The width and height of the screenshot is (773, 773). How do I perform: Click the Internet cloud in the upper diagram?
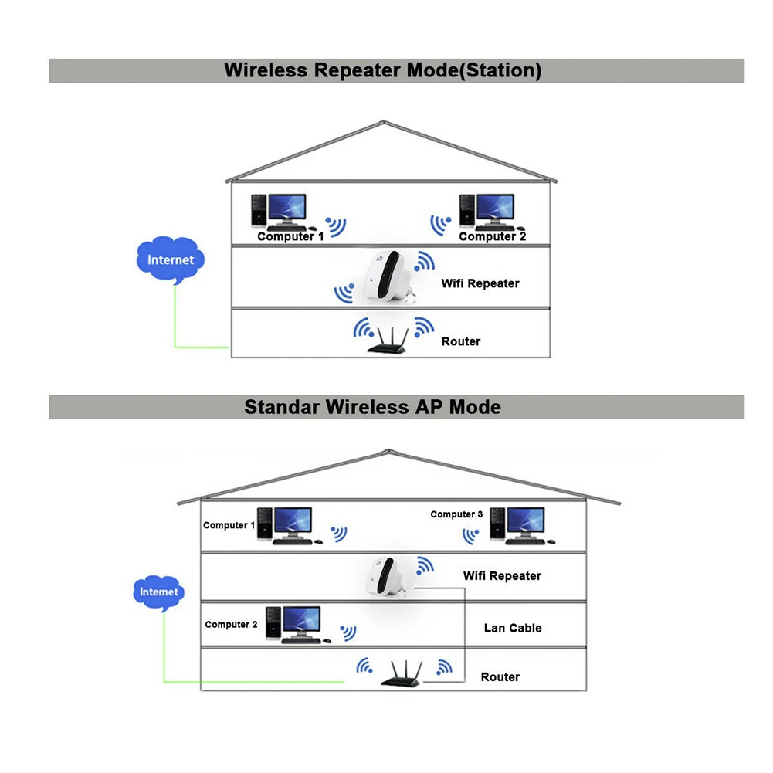(171, 260)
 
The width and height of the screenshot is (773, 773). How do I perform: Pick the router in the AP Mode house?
(403, 675)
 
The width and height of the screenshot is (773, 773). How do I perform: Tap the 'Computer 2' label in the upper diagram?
(492, 236)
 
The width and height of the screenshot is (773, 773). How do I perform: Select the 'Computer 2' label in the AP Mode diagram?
(231, 624)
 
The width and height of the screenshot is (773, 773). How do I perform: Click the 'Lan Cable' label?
(513, 628)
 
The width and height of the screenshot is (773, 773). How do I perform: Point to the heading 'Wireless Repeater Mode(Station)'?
(382, 70)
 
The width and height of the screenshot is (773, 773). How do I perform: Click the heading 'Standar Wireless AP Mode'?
(372, 406)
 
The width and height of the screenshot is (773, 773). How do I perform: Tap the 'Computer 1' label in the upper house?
(290, 236)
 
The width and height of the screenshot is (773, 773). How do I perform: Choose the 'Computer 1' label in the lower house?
(229, 525)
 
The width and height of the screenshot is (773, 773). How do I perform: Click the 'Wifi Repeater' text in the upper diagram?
(480, 283)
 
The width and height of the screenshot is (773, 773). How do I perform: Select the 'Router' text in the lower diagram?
(500, 677)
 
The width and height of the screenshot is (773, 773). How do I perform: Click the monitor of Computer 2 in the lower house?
(300, 619)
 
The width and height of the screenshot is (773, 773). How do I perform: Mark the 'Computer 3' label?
(456, 514)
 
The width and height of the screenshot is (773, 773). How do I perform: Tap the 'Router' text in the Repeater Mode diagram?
(461, 341)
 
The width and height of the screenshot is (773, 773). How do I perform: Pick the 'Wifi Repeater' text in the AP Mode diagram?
(502, 576)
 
